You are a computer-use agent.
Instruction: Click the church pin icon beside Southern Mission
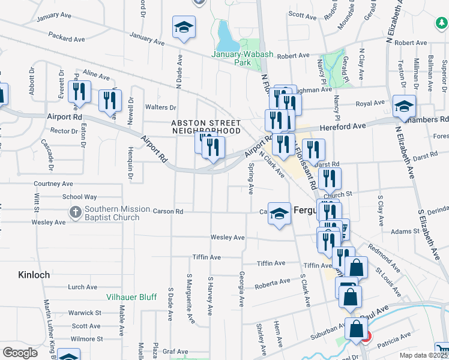(x=76, y=212)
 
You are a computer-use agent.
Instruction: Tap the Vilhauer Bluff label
(x=123, y=297)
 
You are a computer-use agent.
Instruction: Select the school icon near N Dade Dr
(x=184, y=28)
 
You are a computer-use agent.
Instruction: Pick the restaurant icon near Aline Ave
(x=79, y=91)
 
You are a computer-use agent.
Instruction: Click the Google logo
(x=20, y=353)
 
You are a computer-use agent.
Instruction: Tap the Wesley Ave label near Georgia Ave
(x=227, y=238)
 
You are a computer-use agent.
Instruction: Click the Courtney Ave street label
(x=53, y=184)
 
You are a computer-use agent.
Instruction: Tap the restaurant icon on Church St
(x=330, y=178)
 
